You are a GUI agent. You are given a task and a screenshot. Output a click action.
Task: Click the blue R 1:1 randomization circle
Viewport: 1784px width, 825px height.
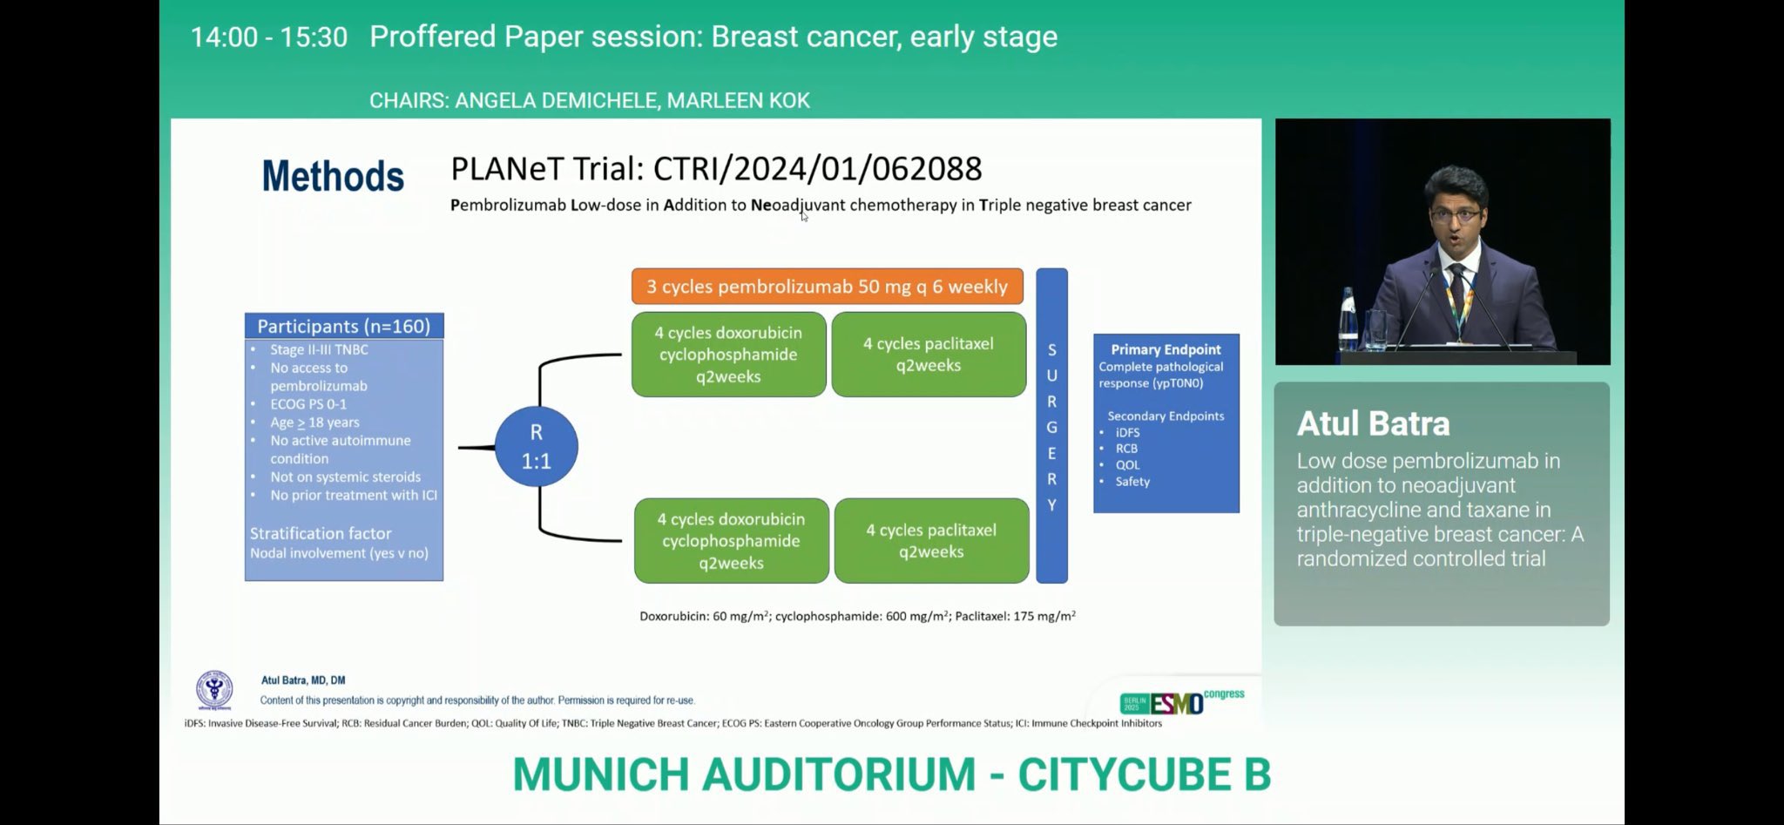pyautogui.click(x=536, y=446)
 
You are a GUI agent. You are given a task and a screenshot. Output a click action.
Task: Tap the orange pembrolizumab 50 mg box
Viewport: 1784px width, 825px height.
pyautogui.click(x=827, y=287)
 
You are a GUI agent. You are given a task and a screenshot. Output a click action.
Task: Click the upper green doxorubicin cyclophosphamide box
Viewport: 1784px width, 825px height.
pyautogui.click(x=728, y=355)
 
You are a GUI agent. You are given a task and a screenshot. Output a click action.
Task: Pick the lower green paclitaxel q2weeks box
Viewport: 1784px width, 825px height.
pyautogui.click(x=931, y=541)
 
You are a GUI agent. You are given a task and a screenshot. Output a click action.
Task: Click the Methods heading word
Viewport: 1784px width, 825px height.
pyautogui.click(x=333, y=176)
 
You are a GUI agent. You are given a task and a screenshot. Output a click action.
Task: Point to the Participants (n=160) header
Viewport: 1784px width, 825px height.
pyautogui.click(x=344, y=326)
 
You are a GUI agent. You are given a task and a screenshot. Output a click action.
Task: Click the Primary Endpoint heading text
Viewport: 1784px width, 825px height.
pyautogui.click(x=1166, y=349)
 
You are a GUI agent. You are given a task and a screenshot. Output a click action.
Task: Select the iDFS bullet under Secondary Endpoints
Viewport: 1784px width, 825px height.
pyautogui.click(x=1127, y=432)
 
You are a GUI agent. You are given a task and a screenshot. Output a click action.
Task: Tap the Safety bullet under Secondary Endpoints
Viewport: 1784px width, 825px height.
pyautogui.click(x=1132, y=481)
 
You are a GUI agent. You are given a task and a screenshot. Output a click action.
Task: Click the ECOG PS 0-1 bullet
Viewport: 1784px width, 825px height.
pyautogui.click(x=308, y=404)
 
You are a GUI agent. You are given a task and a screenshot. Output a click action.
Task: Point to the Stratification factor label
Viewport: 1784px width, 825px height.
pyautogui.click(x=321, y=533)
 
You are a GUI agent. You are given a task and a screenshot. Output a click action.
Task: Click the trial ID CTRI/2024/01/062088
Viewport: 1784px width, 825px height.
pyautogui.click(x=817, y=168)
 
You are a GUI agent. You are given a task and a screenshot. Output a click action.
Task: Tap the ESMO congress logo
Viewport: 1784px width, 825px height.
pyautogui.click(x=1180, y=700)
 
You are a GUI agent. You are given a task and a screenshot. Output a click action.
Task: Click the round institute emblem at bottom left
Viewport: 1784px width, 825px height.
pyautogui.click(x=214, y=689)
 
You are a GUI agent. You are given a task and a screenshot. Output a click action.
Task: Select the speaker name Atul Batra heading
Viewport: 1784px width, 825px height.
pyautogui.click(x=1373, y=423)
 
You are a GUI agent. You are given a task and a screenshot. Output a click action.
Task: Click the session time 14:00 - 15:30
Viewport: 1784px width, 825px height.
pyautogui.click(x=268, y=37)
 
